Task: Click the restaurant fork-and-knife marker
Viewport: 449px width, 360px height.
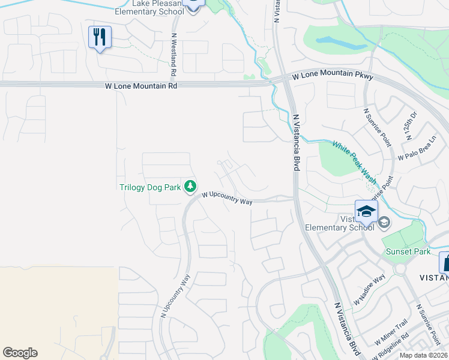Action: (100, 37)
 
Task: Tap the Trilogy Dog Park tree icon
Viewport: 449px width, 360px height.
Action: (190, 187)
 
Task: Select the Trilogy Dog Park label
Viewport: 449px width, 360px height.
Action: (150, 187)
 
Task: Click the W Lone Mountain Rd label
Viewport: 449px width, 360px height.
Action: (141, 86)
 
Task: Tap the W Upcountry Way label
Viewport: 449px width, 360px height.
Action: (227, 198)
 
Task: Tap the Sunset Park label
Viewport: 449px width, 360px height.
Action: (408, 251)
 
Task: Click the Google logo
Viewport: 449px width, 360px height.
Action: (20, 353)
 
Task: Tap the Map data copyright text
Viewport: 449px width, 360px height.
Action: (424, 355)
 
